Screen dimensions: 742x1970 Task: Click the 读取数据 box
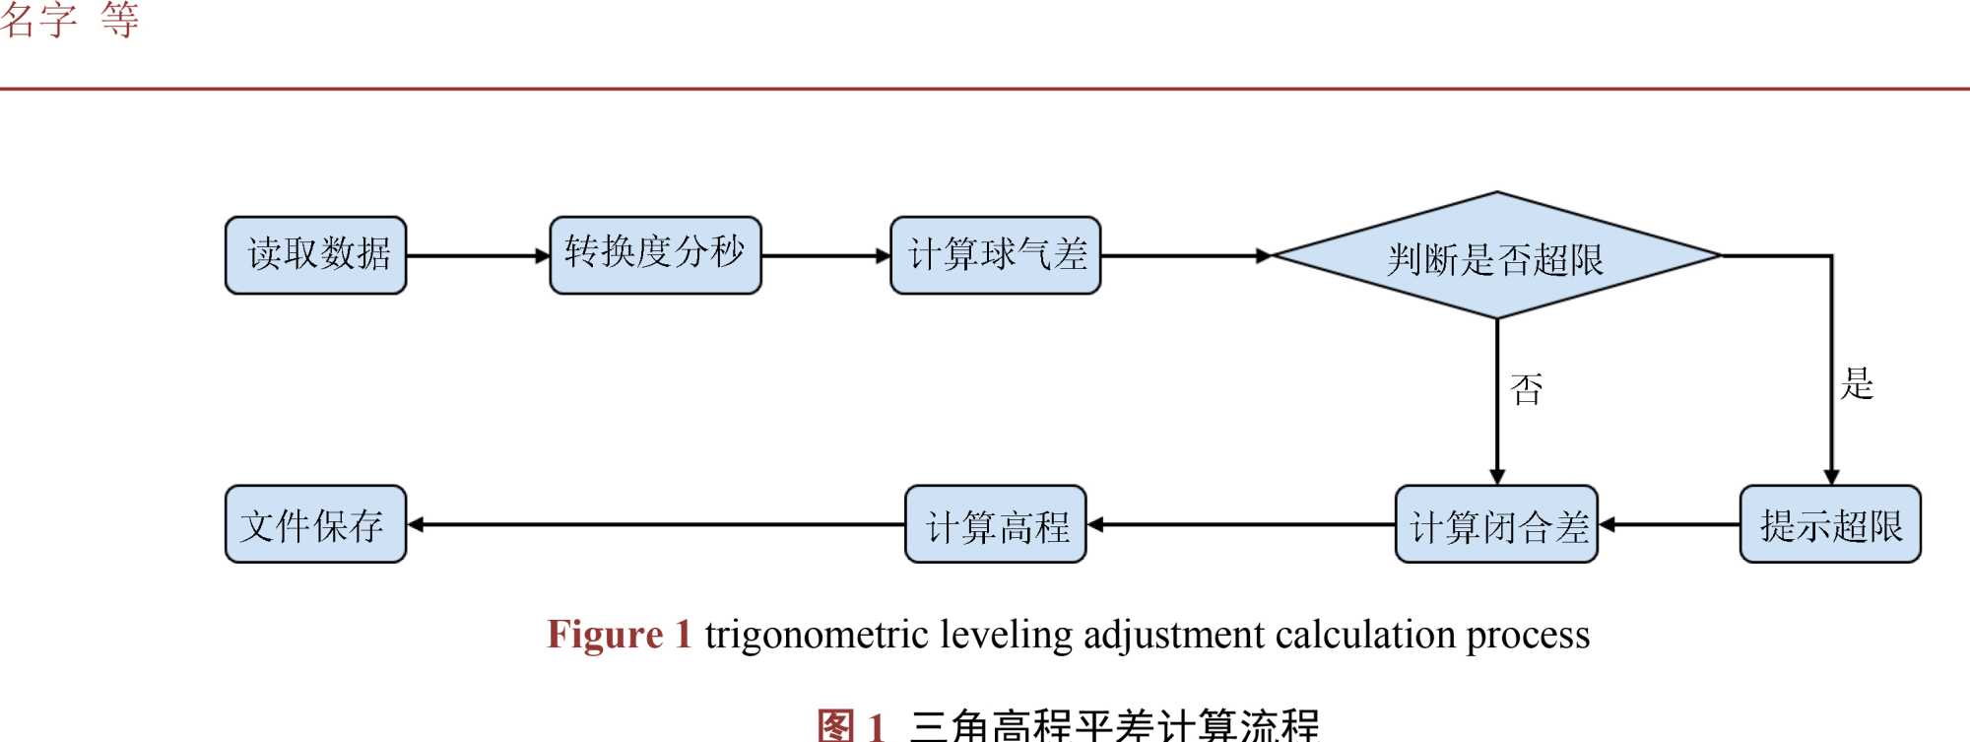tap(315, 255)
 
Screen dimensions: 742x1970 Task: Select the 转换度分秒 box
tap(655, 255)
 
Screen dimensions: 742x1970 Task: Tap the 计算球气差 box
tap(995, 255)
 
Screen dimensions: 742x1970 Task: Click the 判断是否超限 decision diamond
tap(1496, 256)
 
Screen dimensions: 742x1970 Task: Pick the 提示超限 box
tap(1830, 524)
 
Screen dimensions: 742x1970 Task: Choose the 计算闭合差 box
tap(1496, 524)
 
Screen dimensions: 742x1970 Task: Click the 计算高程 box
tap(995, 524)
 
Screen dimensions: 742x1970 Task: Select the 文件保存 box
tap(315, 524)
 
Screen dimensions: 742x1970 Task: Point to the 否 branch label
tap(1526, 389)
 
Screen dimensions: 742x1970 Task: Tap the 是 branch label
tap(1857, 383)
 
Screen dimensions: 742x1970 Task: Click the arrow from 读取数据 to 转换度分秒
tap(478, 256)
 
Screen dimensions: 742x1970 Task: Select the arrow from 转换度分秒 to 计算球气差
tap(825, 256)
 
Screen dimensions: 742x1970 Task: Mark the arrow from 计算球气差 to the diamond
tap(1186, 256)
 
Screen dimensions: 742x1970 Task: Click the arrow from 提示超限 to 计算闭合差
tap(1669, 525)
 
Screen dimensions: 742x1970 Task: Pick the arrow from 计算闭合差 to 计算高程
tap(1241, 525)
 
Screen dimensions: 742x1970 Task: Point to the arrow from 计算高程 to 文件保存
tap(655, 525)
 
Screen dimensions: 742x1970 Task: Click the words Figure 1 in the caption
tap(620, 635)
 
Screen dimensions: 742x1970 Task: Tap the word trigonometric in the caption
tap(817, 635)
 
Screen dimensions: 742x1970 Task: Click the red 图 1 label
tap(851, 726)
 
